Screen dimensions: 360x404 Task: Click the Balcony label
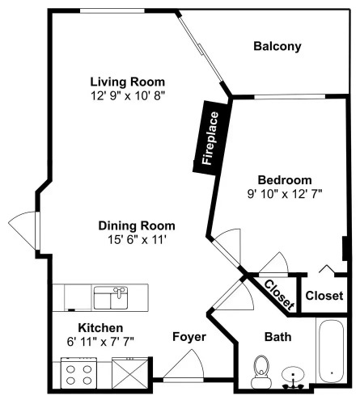(x=277, y=46)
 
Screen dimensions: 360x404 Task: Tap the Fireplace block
(x=212, y=138)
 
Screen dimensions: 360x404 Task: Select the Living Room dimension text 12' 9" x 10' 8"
(x=128, y=95)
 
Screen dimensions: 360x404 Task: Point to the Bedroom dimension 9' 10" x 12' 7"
(x=285, y=194)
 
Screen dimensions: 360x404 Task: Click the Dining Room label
(x=137, y=225)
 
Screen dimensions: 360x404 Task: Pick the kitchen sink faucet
(x=119, y=292)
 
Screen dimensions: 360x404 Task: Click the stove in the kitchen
(x=79, y=373)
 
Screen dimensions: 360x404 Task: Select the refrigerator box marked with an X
(x=130, y=373)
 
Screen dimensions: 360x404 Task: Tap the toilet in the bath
(x=261, y=372)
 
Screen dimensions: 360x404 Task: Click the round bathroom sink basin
(x=293, y=374)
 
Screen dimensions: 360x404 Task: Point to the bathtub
(x=332, y=351)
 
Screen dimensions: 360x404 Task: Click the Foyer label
(x=189, y=337)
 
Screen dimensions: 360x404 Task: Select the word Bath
(x=278, y=337)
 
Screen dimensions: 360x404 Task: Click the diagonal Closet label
(x=279, y=295)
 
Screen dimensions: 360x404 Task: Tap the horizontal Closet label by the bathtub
(x=324, y=296)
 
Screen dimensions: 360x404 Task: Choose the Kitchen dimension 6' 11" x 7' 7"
(x=100, y=342)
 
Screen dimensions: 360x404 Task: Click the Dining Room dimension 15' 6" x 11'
(x=137, y=239)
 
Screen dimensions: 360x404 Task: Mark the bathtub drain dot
(x=332, y=373)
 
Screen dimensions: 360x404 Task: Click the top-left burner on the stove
(x=70, y=369)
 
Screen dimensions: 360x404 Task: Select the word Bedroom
(x=285, y=180)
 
